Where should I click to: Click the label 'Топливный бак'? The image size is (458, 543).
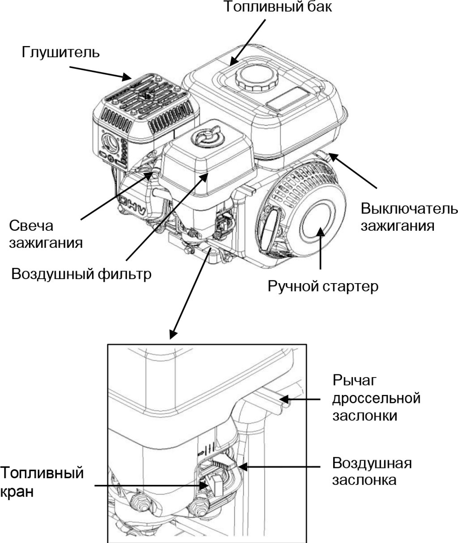(278, 8)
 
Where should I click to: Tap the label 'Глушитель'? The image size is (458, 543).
(60, 52)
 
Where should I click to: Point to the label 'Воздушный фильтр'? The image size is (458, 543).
(81, 273)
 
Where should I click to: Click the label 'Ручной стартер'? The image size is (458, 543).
(323, 286)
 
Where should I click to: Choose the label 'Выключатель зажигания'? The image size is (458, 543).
(409, 217)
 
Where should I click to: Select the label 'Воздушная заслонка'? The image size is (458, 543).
(372, 471)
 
